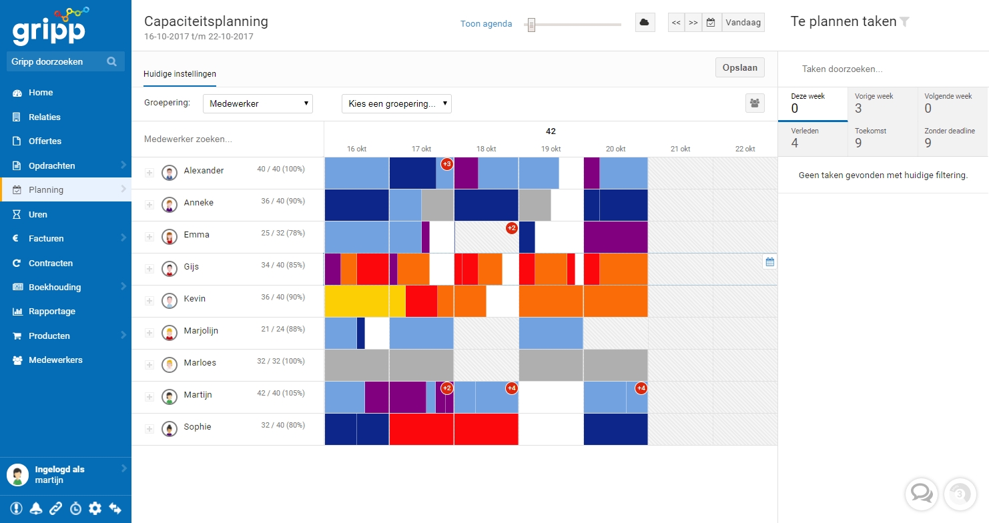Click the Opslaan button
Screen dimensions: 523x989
[x=739, y=68]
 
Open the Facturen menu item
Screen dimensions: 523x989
[x=46, y=238]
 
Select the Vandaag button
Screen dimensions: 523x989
[x=743, y=22]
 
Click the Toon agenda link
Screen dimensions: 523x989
[x=486, y=24]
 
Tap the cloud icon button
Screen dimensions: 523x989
[x=644, y=22]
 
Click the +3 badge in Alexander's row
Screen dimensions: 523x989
[x=446, y=164]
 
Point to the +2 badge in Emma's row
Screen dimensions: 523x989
[x=511, y=228]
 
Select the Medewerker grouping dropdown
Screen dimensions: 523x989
[x=258, y=103]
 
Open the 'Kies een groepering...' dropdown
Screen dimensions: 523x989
[x=396, y=103]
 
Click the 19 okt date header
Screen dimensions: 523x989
[x=551, y=149]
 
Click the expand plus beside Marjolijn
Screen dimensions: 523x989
[x=149, y=333]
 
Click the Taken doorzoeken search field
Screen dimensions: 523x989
[x=881, y=69]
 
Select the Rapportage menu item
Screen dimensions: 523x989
[x=51, y=312]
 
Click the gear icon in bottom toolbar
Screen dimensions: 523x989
[x=95, y=508]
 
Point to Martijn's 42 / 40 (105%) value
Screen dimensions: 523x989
[x=280, y=394]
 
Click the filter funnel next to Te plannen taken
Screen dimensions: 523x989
[x=904, y=22]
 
